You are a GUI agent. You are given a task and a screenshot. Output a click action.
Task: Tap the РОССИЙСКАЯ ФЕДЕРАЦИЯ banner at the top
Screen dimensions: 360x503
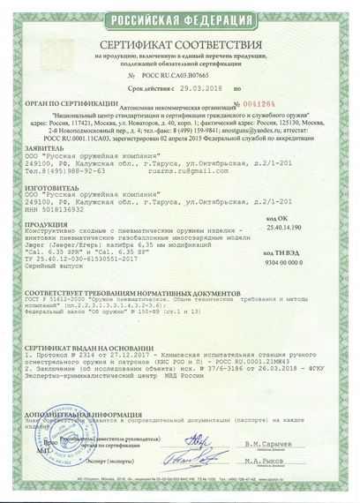click(180, 12)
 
